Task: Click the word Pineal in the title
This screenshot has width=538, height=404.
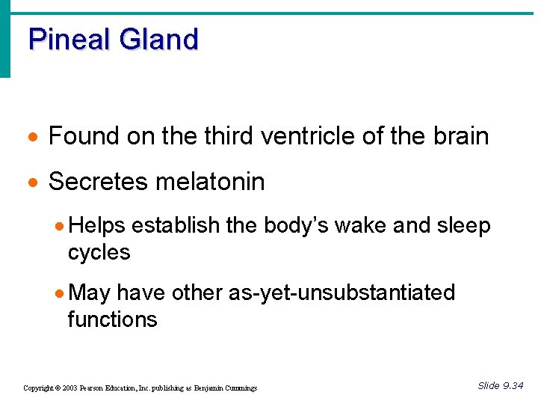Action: (68, 39)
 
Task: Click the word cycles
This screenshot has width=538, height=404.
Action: (99, 252)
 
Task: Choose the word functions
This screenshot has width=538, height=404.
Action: (112, 319)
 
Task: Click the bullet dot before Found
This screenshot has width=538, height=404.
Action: (31, 138)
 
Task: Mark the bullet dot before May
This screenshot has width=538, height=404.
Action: (61, 293)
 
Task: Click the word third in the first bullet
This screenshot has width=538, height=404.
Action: (223, 136)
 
